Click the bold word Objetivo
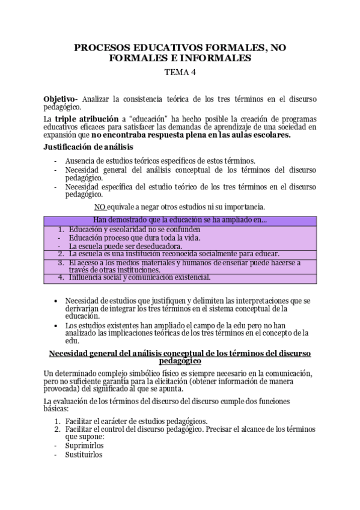click(58, 99)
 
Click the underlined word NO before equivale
click(100, 206)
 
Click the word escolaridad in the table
click(132, 229)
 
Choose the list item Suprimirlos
click(85, 446)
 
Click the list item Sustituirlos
click(84, 455)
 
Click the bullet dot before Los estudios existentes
click(56, 325)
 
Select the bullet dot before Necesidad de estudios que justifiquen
click(56, 300)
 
